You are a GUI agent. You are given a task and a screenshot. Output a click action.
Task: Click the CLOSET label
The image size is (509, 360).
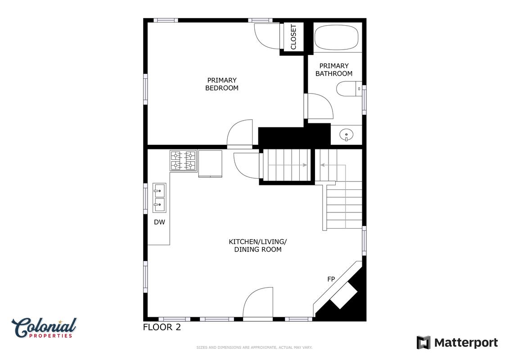[x=293, y=37]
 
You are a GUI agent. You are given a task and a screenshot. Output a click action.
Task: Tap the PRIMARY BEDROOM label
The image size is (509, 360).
[x=222, y=84]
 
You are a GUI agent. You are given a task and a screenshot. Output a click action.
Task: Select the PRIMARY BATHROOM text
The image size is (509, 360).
[x=334, y=70]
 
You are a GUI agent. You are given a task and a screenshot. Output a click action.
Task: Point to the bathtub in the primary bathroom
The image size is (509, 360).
[x=336, y=38]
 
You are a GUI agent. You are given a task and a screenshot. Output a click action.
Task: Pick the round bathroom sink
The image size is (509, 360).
[x=347, y=135]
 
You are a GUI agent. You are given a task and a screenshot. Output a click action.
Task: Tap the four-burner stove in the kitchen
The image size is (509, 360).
[x=184, y=161]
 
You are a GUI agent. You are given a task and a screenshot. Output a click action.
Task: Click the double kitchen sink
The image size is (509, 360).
[x=159, y=198]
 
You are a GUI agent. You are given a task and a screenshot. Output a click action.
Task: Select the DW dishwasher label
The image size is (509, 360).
[x=159, y=222]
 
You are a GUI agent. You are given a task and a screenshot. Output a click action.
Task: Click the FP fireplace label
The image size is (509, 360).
[x=331, y=279]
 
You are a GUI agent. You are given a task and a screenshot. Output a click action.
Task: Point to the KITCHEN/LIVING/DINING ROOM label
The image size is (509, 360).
[x=258, y=246]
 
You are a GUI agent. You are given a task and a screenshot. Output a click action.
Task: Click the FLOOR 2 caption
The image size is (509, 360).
[x=162, y=327]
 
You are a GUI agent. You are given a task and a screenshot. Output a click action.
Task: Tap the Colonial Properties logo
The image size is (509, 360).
[x=44, y=328]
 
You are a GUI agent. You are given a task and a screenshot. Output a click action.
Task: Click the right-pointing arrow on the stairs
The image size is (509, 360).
[x=288, y=165]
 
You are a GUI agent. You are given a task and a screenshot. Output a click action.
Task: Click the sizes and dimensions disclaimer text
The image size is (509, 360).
[x=255, y=348]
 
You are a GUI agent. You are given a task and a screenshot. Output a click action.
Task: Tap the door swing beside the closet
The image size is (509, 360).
[x=267, y=36]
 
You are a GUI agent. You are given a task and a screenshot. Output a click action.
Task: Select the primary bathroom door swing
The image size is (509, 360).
[x=320, y=106]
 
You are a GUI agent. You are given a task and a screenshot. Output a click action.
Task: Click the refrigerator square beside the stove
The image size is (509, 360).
[x=210, y=164]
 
